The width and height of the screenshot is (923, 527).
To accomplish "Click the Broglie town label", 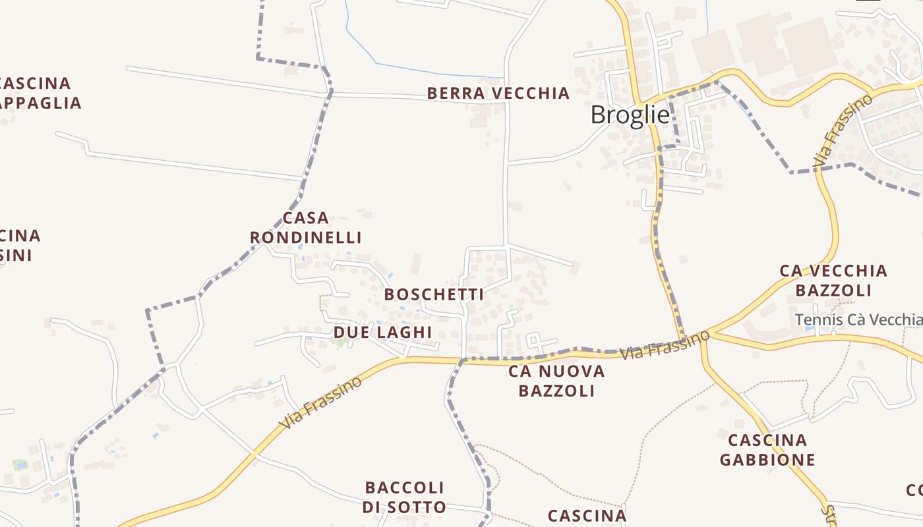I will click(630, 115).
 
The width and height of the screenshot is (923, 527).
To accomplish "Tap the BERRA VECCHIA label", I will click(498, 93).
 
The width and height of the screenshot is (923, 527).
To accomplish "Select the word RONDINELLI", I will click(306, 237).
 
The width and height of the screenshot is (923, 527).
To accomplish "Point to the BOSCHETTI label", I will click(434, 294).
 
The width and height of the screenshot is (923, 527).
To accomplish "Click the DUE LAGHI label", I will click(382, 332).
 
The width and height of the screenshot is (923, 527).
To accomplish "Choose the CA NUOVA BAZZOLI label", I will click(556, 381).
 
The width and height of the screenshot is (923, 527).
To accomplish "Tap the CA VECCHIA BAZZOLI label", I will click(833, 280).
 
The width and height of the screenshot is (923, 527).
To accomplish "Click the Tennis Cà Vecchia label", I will click(858, 319).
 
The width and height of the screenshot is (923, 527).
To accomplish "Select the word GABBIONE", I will click(767, 459).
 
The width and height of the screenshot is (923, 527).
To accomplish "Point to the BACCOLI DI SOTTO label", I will click(404, 497).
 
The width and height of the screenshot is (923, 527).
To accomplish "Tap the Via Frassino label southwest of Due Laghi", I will click(321, 402).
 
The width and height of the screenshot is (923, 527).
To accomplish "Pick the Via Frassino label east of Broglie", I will click(843, 130).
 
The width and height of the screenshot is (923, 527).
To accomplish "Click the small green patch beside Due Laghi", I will click(340, 341).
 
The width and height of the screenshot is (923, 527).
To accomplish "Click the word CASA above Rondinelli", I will click(305, 218).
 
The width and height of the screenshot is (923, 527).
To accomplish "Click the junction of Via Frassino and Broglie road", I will click(684, 337).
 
